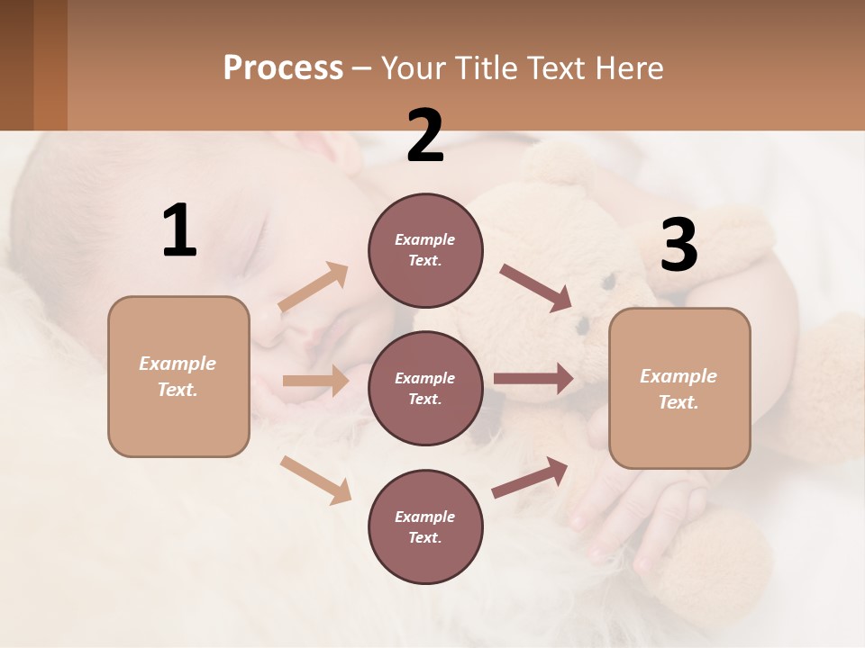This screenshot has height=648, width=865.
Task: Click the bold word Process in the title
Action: point(283,67)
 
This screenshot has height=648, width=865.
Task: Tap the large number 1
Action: point(179,230)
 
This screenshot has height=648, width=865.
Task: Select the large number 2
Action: point(425,136)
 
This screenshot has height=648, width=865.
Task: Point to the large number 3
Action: point(678,245)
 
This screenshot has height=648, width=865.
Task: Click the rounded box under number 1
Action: point(178,376)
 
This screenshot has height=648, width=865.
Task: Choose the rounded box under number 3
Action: point(679,388)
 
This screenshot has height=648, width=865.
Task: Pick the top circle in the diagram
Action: point(425,250)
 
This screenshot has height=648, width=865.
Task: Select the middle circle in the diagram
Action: point(425,388)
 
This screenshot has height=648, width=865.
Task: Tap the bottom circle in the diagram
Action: point(425,526)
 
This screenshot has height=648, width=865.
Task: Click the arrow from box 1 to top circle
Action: point(314,287)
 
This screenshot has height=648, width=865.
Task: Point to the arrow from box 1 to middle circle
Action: point(314,381)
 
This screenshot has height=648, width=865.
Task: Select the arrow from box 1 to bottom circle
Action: point(315,480)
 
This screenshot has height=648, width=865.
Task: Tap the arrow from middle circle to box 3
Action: point(533,379)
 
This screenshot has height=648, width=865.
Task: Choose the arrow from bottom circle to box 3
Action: point(530,478)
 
